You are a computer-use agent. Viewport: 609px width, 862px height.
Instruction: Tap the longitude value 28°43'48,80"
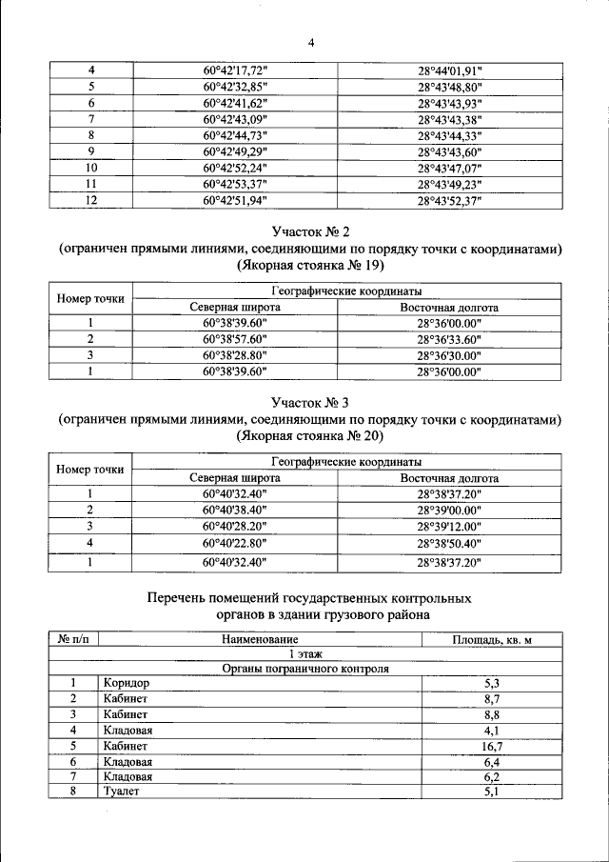pyautogui.click(x=450, y=87)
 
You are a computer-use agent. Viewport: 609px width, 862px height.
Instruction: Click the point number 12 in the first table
pyautogui.click(x=90, y=200)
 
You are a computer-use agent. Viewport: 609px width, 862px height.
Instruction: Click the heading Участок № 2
pyautogui.click(x=310, y=231)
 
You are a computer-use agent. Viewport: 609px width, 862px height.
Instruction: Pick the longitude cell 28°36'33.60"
pyautogui.click(x=450, y=339)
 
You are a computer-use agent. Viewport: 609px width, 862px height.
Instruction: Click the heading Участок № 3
pyautogui.click(x=310, y=403)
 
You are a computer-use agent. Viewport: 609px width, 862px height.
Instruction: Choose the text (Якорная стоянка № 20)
pyautogui.click(x=310, y=436)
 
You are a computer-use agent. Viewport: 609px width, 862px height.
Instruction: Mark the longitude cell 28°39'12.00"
pyautogui.click(x=450, y=526)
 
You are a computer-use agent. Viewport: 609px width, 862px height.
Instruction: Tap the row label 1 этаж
pyautogui.click(x=305, y=654)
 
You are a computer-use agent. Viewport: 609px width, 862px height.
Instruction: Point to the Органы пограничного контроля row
pyautogui.click(x=305, y=669)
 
